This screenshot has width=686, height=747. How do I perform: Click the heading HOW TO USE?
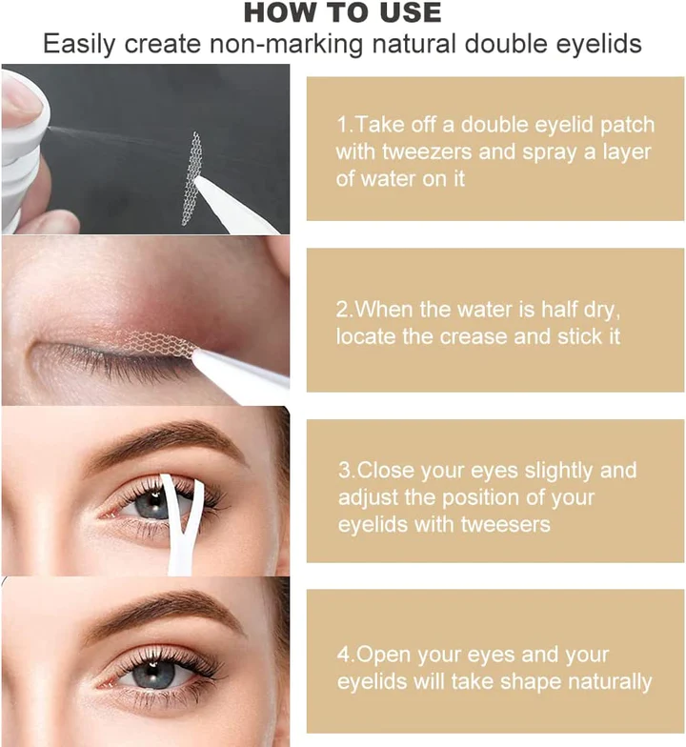click(x=343, y=13)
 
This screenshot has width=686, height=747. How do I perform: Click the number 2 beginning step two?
click(x=343, y=310)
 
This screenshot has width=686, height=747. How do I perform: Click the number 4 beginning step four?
click(x=343, y=656)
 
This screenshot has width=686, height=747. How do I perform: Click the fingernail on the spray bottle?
click(x=19, y=99)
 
